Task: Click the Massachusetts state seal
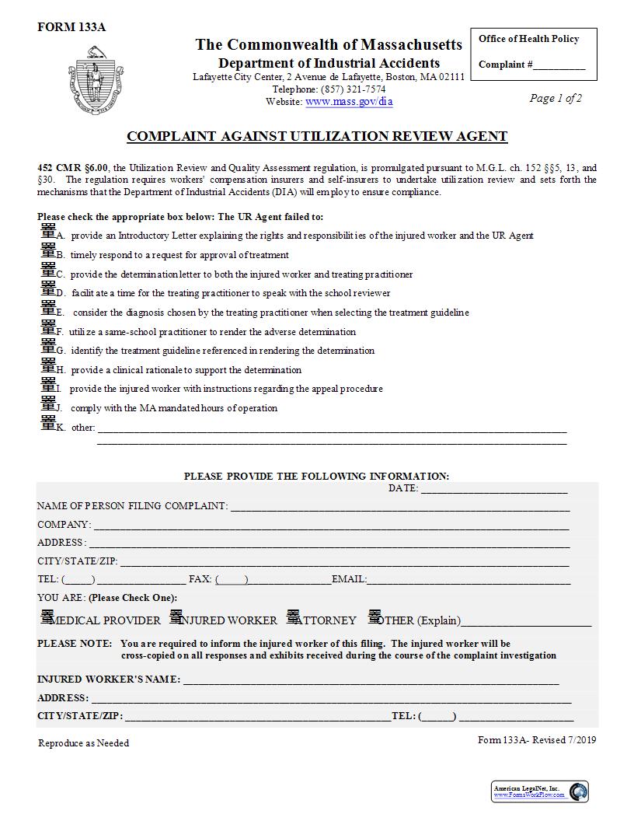click(96, 79)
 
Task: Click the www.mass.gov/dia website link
click(349, 101)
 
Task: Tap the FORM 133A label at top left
click(71, 27)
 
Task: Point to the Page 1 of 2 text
click(555, 98)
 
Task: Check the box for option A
click(48, 231)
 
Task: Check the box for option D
click(48, 288)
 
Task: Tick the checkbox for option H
click(48, 365)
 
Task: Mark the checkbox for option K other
click(48, 423)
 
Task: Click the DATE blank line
click(493, 490)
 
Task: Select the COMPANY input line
click(331, 526)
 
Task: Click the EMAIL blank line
click(469, 580)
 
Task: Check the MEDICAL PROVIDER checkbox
click(47, 617)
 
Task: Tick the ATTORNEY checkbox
click(293, 617)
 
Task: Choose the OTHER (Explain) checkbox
click(374, 617)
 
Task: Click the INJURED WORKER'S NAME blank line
click(371, 680)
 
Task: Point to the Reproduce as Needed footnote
click(84, 743)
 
